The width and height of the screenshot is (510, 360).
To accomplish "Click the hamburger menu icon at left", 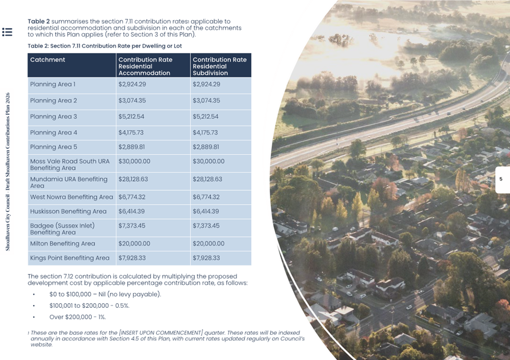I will tap(7, 32).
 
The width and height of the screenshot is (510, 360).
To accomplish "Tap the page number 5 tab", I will tap(501, 179).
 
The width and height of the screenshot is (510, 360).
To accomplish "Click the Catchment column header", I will tap(48, 60).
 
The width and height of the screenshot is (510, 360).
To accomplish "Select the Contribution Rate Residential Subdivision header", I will tap(219, 66).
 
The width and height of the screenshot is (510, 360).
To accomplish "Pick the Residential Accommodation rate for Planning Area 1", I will tap(132, 85).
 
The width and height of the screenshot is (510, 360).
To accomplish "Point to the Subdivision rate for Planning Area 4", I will tap(205, 133).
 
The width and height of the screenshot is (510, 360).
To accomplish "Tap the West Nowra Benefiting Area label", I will tap(71, 197).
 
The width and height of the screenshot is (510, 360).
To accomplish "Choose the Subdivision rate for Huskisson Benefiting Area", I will tap(205, 212).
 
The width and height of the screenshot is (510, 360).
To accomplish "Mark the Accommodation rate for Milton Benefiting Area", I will tap(134, 244).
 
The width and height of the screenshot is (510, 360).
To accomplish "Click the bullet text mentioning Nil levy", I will tap(105, 294).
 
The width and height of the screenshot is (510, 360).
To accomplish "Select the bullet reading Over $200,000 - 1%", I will tap(77, 317).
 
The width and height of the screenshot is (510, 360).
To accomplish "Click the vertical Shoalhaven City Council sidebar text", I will tap(7, 172).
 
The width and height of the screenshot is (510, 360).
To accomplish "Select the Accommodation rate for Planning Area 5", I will tap(132, 147).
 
